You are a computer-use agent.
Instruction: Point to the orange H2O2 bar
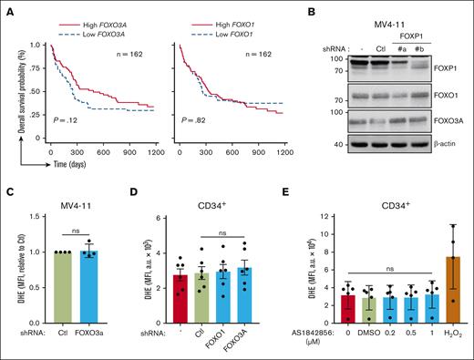tap(449, 284)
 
